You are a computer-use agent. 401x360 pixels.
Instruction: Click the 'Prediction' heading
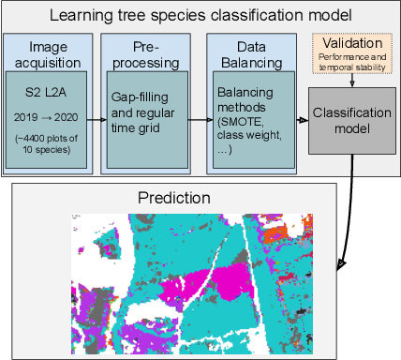(175, 198)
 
